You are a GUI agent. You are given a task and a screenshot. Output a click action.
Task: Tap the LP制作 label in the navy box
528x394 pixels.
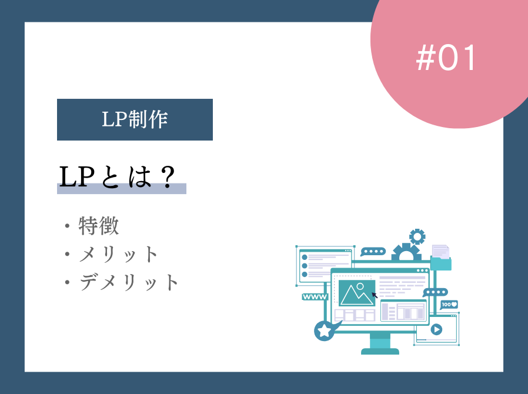135,119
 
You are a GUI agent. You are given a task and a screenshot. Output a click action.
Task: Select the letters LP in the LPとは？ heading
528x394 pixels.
78,176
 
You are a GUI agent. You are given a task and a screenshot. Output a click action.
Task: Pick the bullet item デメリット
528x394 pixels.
129,283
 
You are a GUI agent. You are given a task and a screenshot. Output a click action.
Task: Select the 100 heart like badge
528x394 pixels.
449,304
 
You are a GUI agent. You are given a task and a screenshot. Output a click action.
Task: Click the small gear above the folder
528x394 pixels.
417,236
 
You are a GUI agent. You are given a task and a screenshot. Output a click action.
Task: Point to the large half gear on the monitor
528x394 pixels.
406,253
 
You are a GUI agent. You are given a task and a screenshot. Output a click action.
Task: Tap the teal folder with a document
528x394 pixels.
441,259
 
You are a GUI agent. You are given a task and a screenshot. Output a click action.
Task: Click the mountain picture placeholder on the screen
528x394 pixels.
356,292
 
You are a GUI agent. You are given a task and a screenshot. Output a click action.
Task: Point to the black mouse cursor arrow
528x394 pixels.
375,295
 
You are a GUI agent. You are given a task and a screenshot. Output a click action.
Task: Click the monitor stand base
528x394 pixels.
380,351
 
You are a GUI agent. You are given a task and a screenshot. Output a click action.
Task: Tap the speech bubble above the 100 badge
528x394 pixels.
436,292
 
